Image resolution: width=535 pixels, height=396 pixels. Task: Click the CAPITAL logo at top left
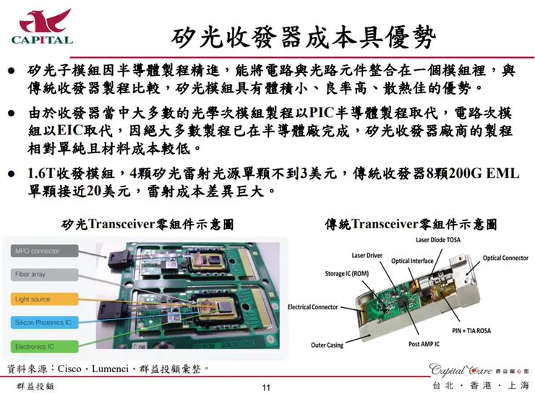pyautogui.click(x=42, y=27)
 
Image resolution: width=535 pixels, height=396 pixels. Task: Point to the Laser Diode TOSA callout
pyautogui.click(x=438, y=240)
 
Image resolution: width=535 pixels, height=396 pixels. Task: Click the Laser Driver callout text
pyautogui.click(x=368, y=255)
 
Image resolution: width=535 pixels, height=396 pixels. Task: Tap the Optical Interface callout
pyautogui.click(x=413, y=261)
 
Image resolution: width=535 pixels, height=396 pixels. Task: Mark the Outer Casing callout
pyautogui.click(x=328, y=345)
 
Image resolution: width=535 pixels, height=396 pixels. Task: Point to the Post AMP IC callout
pyautogui.click(x=424, y=345)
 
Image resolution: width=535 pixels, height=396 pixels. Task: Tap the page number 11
pyautogui.click(x=265, y=389)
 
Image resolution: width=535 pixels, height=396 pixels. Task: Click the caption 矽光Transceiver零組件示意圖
pyautogui.click(x=148, y=224)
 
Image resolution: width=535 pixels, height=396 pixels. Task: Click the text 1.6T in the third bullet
pyautogui.click(x=40, y=175)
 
